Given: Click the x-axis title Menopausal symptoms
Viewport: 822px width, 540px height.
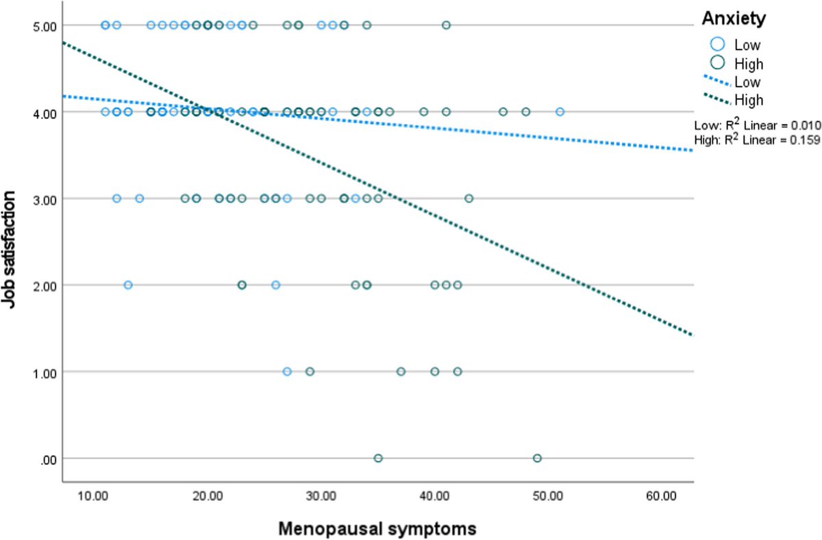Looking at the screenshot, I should tap(377, 528).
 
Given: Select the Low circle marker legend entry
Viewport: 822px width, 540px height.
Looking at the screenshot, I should tap(718, 44).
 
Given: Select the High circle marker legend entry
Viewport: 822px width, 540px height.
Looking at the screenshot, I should tap(718, 64).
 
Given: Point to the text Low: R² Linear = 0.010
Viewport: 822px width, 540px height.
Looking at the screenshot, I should tap(758, 124).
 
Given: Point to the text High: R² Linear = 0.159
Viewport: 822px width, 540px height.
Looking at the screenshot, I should tap(758, 140).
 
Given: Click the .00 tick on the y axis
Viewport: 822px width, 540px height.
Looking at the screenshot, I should tap(55, 459).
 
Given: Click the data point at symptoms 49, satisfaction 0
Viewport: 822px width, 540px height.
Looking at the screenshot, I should tap(537, 458).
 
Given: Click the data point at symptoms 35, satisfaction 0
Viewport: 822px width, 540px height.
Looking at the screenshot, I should tap(378, 458).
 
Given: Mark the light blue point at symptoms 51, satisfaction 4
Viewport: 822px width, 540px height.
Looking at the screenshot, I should tap(560, 112).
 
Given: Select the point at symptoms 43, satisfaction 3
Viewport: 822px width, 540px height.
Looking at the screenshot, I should tap(469, 198).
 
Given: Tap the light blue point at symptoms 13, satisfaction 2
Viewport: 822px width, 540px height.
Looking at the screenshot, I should tap(128, 285).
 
